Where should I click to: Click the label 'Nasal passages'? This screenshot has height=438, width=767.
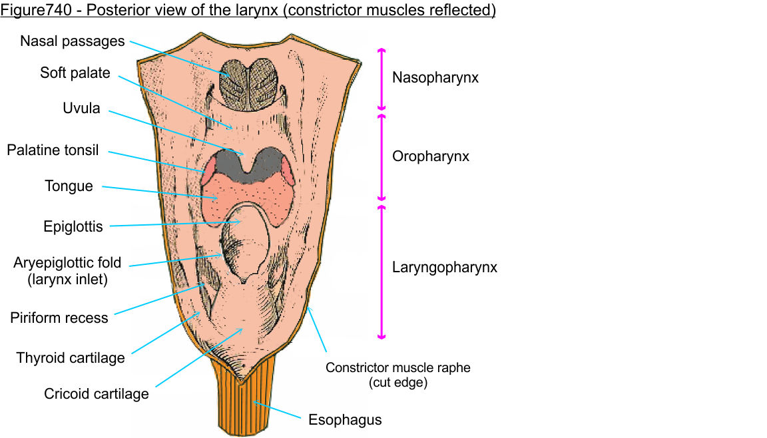click(x=72, y=41)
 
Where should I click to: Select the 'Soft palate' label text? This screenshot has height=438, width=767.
click(x=75, y=73)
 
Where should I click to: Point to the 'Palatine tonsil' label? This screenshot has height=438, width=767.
click(x=53, y=150)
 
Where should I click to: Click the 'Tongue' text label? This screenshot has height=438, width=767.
click(x=69, y=186)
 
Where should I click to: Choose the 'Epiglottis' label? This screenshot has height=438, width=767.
click(x=73, y=227)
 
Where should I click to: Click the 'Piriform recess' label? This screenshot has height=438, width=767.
click(x=59, y=318)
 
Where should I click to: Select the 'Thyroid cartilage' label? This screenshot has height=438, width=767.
click(x=71, y=358)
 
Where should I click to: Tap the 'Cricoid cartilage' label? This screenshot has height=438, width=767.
click(x=97, y=394)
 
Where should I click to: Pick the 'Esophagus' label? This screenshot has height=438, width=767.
click(x=345, y=420)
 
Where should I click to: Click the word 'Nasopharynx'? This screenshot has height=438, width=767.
click(x=435, y=78)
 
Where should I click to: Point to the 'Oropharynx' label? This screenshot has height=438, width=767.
click(x=431, y=156)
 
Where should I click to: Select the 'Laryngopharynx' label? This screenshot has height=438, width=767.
click(x=445, y=268)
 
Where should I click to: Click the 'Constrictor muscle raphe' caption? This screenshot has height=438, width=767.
click(x=397, y=367)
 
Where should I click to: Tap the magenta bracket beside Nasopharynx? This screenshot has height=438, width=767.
click(x=382, y=79)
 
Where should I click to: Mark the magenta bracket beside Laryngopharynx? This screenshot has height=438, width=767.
click(x=382, y=271)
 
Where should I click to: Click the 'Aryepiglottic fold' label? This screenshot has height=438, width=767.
click(x=67, y=263)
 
